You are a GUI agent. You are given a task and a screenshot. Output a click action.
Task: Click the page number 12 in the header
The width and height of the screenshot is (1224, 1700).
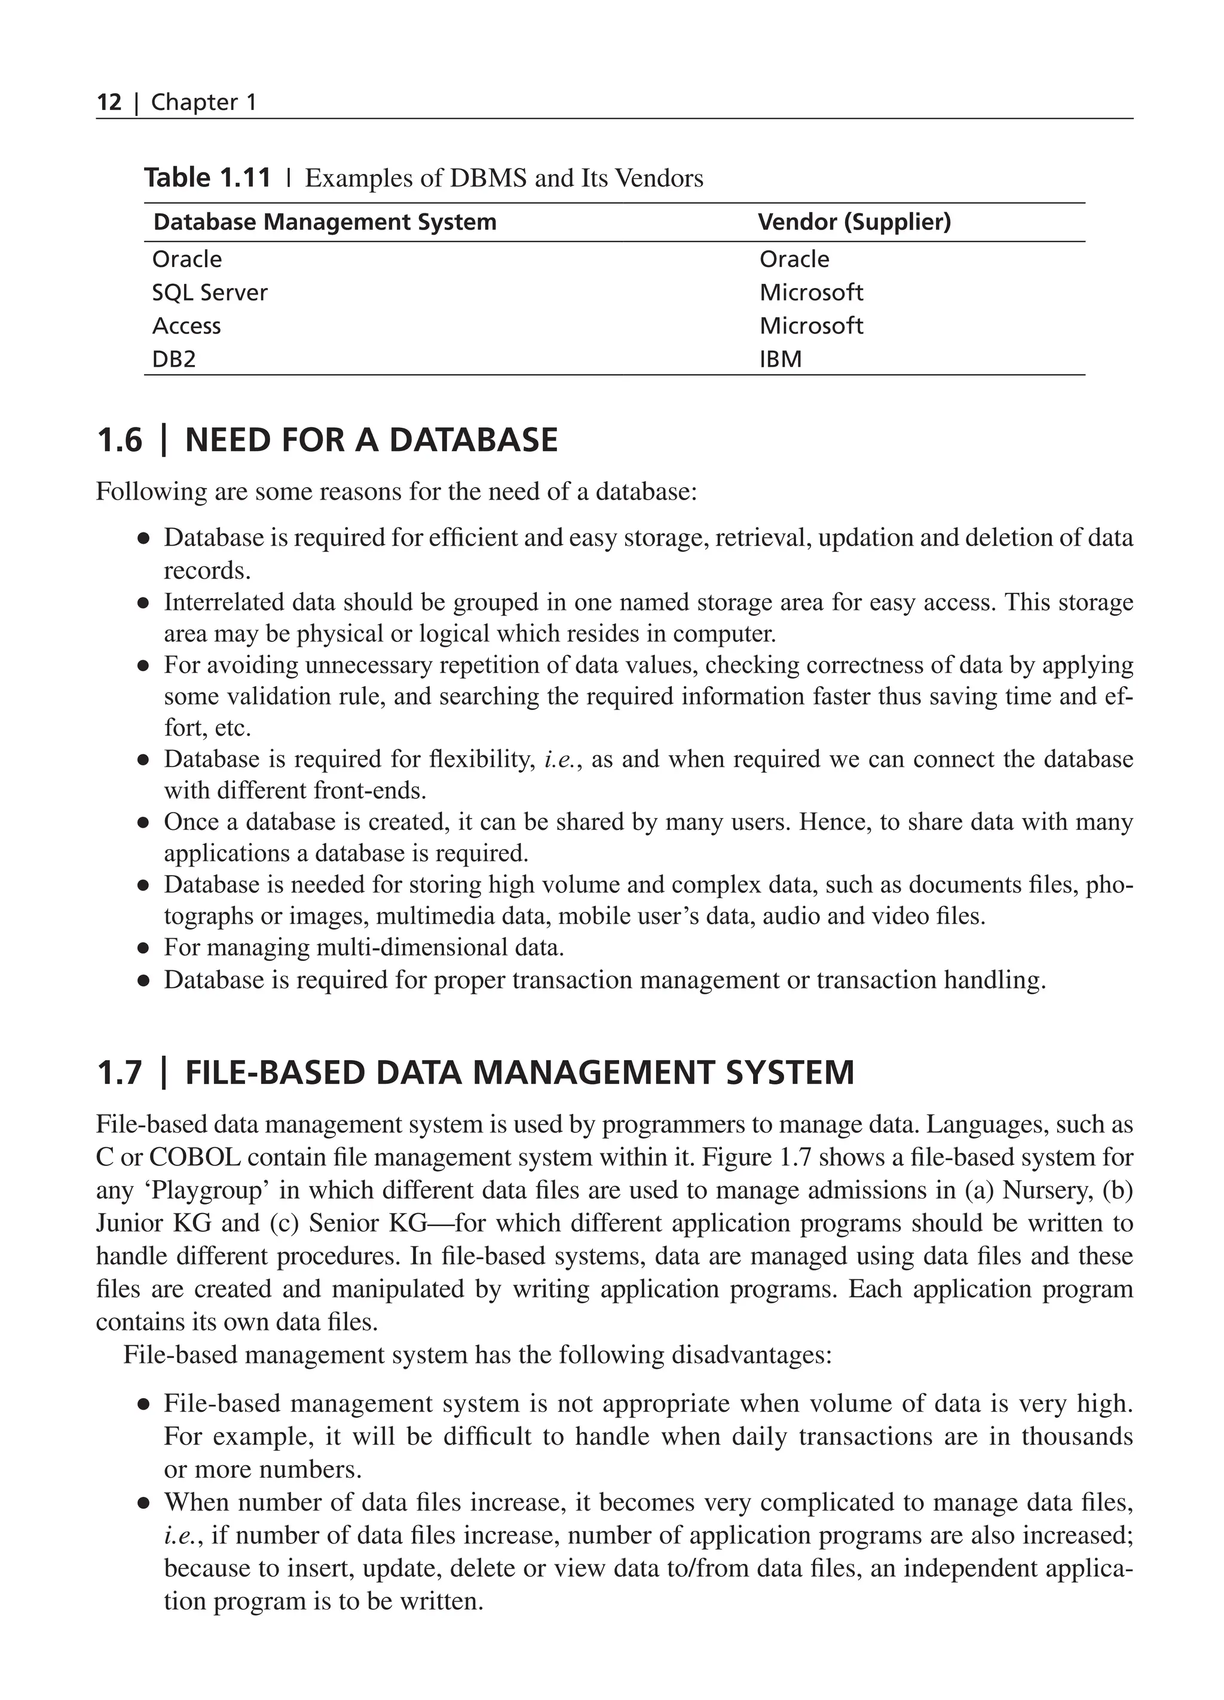(109, 102)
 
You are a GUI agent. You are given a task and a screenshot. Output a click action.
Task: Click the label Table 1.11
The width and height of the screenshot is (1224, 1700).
(207, 179)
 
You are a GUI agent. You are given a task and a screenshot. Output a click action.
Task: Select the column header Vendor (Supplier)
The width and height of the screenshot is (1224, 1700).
(853, 222)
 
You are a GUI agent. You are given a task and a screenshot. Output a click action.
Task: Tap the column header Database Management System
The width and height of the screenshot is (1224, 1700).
(324, 222)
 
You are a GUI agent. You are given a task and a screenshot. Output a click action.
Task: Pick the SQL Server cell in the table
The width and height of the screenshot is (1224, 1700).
(209, 292)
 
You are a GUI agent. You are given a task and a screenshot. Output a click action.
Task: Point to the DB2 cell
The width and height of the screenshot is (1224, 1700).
(173, 359)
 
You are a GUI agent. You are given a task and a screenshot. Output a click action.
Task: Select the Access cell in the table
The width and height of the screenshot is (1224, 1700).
(186, 326)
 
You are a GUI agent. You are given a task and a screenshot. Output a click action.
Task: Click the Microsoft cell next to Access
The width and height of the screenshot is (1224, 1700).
(810, 326)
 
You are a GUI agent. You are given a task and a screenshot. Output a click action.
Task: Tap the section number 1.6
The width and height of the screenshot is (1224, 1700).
(118, 440)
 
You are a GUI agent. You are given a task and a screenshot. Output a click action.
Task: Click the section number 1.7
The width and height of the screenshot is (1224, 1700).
(118, 1073)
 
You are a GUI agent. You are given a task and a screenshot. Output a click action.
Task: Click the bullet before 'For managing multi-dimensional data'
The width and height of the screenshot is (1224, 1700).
(143, 948)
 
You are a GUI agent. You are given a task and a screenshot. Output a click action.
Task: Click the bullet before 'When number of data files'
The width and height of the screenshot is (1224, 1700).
(143, 1503)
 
